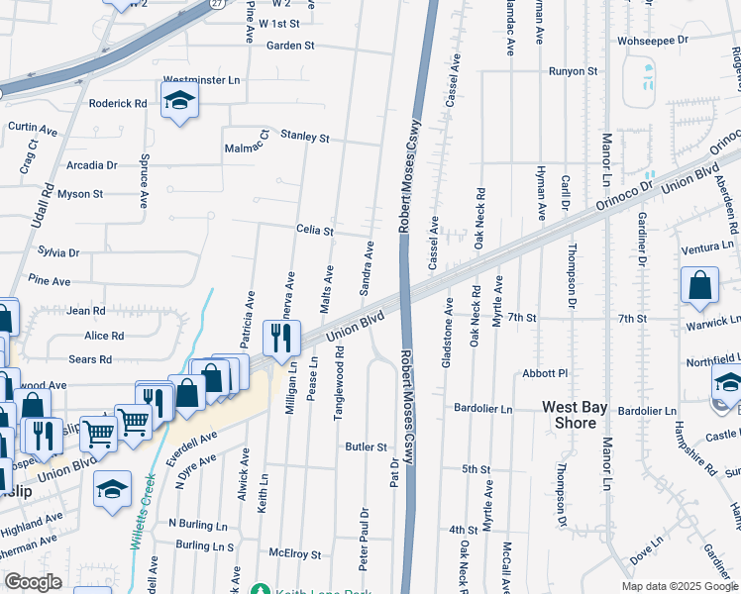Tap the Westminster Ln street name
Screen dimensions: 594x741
pos(202,79)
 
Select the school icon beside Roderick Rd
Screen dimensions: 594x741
pos(179,101)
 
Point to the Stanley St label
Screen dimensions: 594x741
pos(304,138)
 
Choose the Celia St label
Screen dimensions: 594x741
pos(315,230)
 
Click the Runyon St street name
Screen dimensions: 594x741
pos(574,71)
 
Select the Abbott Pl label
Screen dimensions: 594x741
pos(546,373)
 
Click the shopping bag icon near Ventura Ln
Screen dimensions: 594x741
pos(699,285)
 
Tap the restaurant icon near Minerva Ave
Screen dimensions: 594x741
pos(281,338)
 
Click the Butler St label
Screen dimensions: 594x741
pos(366,446)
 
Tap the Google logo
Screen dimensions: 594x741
pos(34,582)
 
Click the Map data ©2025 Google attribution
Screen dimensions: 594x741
pos(680,586)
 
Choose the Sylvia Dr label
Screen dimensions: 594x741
pos(58,253)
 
